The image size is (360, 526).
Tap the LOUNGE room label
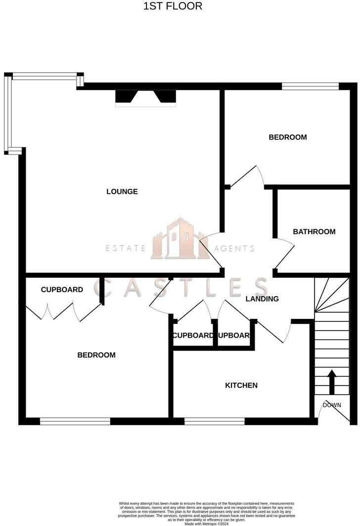(122, 192)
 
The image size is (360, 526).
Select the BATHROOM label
(314, 231)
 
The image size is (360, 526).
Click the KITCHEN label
(241, 385)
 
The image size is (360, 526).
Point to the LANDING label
(262, 299)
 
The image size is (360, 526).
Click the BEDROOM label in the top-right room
(288, 137)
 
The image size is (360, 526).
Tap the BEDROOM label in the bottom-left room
(96, 355)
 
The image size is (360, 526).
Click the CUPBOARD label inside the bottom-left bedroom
(62, 290)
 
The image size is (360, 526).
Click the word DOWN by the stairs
(332, 405)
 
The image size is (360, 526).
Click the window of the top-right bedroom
(310, 87)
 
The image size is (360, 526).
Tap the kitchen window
(214, 422)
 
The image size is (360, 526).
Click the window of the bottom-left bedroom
(75, 422)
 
